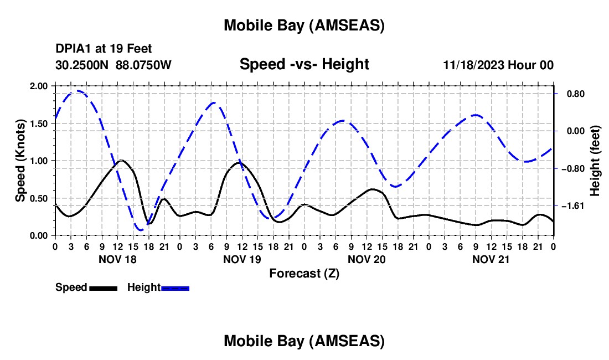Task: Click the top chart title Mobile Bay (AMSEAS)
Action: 304,25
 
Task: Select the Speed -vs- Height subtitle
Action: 304,64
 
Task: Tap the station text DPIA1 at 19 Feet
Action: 104,49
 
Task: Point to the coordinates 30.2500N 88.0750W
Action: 113,65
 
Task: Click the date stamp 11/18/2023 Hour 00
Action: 498,65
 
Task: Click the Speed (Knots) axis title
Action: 20,161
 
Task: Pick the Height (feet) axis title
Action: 595,161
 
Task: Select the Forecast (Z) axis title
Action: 304,273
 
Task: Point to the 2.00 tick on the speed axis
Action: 39,86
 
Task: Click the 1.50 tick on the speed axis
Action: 39,124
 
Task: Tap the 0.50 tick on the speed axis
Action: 39,198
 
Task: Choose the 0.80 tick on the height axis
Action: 571,94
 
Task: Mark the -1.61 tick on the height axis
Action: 570,206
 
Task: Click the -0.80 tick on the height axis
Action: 570,168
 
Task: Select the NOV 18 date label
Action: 117,259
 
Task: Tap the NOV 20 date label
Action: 367,259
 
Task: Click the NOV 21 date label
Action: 491,259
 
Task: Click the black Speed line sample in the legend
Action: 103,287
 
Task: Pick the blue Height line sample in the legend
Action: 176,287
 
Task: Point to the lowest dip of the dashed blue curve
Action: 141,229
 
